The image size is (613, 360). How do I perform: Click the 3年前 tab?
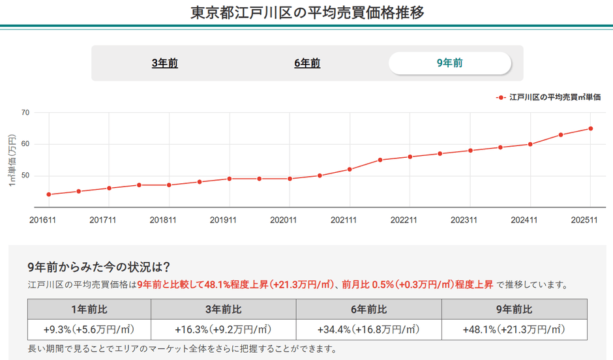point(164,63)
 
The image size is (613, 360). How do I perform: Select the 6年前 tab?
point(307,63)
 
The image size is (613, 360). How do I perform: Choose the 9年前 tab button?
point(450,63)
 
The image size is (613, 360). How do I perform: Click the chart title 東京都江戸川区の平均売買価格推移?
point(306,12)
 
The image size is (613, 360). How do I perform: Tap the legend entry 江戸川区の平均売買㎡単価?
point(554,97)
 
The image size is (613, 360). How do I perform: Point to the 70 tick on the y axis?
point(25,113)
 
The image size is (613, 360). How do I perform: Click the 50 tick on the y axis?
point(25,176)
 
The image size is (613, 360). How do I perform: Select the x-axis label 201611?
point(43,220)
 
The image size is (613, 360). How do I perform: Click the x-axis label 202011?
point(284,220)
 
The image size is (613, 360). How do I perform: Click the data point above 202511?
point(591,128)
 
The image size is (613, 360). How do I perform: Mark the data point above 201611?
point(49,194)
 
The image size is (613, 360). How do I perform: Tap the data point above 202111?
point(350,170)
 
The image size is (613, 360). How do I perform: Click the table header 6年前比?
point(368,309)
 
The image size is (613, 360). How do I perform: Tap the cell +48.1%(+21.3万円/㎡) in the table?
point(515,329)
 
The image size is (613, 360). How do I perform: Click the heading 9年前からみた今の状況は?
point(99,267)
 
